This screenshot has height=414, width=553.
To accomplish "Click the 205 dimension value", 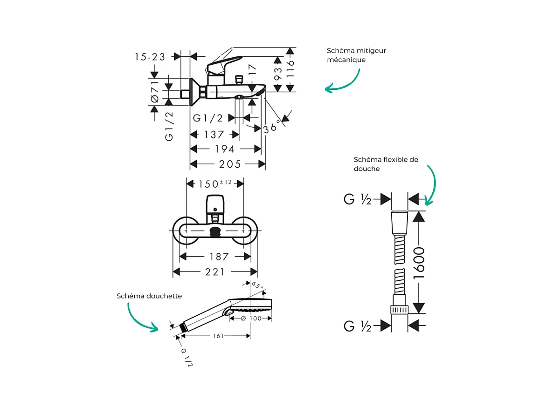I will point(230,164).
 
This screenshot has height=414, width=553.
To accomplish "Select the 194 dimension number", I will point(226,149).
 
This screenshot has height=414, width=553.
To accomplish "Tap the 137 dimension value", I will point(214,135).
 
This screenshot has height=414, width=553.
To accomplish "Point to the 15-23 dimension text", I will point(150,57).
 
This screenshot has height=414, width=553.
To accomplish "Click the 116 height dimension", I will point(290,68).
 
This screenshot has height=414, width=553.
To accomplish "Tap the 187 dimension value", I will point(219,257).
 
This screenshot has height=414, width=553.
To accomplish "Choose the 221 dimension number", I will point(215,271).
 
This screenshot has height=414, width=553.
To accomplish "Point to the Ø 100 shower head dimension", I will point(251,318).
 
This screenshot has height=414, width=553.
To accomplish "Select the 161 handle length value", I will point(218,335).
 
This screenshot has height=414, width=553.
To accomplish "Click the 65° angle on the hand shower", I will point(257,285).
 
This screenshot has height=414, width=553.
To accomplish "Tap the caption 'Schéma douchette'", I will point(149,296).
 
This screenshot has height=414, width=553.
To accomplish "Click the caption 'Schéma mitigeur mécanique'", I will point(356,55).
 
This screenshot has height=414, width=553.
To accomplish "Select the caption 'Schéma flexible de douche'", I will point(386,164).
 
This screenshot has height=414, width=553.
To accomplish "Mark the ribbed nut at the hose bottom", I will point(400,310).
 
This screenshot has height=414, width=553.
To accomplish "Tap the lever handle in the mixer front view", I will point(215,203).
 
